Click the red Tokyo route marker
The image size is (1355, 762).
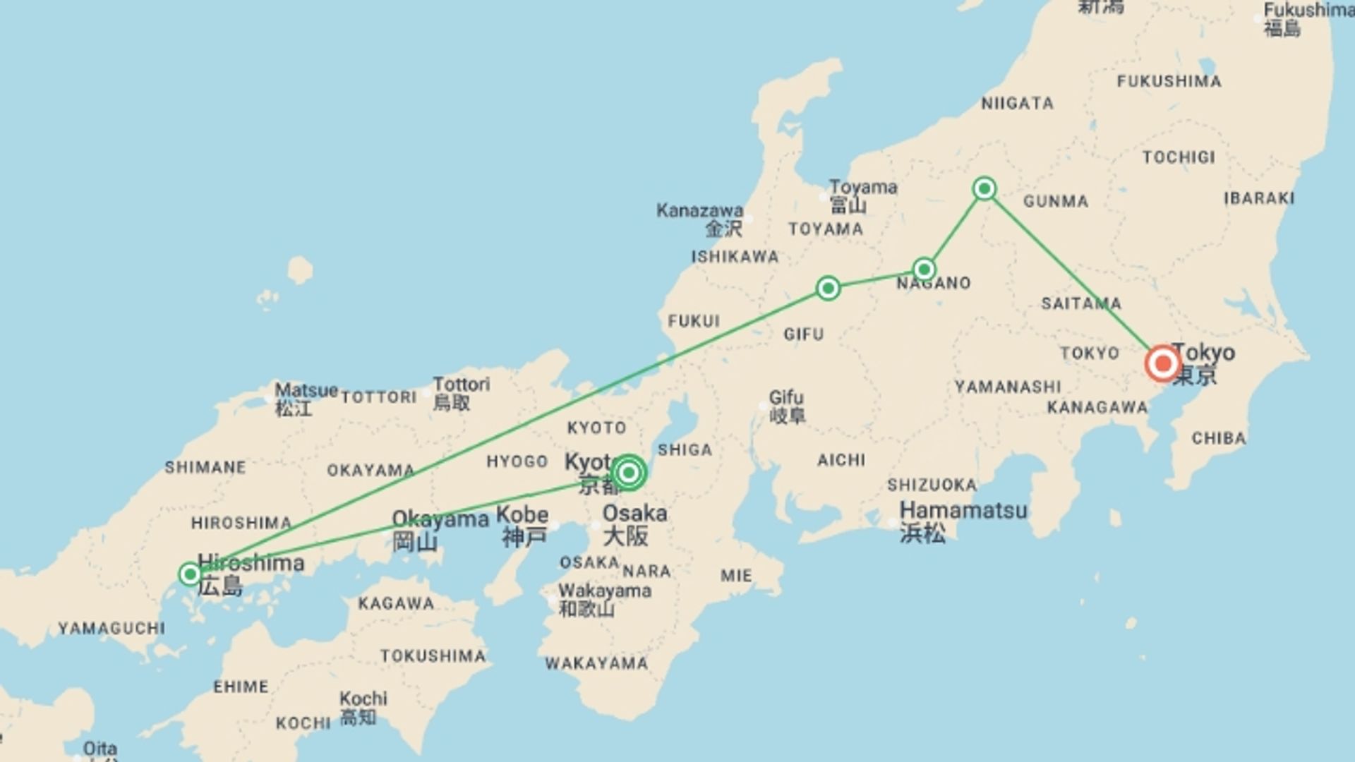(1162, 364)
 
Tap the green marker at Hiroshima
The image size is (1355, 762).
(190, 574)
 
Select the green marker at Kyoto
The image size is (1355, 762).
(628, 473)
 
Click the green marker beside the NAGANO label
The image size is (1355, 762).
(925, 269)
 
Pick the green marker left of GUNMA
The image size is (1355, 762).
(984, 188)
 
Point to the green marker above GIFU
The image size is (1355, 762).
(828, 288)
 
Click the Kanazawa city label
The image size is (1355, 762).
(699, 210)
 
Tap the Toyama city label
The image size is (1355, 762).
(863, 188)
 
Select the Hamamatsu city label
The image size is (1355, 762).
(963, 510)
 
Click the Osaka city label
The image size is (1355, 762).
(634, 513)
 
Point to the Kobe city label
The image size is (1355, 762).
(522, 514)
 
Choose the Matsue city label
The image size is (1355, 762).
(306, 390)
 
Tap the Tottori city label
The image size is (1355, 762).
(461, 385)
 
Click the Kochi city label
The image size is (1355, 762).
(363, 698)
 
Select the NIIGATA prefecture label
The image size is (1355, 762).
(1017, 104)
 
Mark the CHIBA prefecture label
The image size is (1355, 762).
(1219, 438)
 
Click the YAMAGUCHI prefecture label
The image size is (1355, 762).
(112, 628)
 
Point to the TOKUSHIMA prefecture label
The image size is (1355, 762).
(433, 656)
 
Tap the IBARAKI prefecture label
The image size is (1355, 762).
(1259, 198)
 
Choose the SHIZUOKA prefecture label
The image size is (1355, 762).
(932, 485)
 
